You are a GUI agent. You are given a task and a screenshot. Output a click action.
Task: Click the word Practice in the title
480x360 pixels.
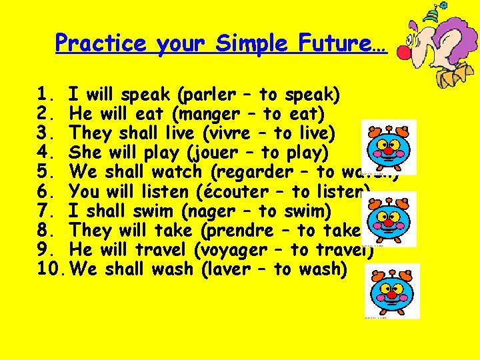pos(101,44)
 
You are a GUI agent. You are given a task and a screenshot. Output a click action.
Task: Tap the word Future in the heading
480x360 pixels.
pos(343,44)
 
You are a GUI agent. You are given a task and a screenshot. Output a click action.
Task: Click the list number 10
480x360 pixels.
pos(51,269)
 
